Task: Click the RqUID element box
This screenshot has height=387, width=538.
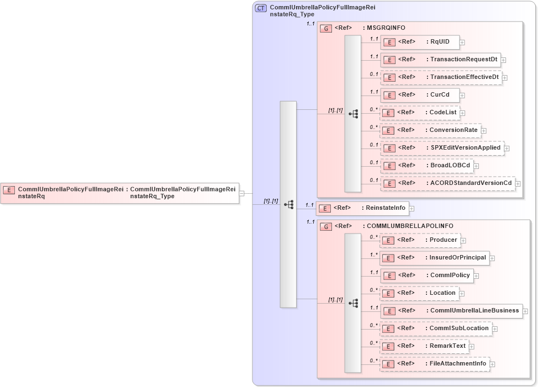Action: click(x=419, y=42)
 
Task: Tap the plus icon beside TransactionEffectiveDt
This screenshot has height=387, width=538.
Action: click(x=505, y=78)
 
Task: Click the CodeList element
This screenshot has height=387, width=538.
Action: click(x=420, y=113)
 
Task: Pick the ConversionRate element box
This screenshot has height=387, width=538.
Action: click(x=430, y=130)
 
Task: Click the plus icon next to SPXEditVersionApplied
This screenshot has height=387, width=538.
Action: click(x=507, y=149)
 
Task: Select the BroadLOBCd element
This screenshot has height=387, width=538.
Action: click(x=426, y=166)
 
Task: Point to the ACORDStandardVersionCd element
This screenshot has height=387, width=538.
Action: click(x=447, y=183)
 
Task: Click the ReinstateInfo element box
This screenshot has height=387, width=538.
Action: click(x=361, y=209)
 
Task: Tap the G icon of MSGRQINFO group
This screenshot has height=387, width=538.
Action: click(x=326, y=28)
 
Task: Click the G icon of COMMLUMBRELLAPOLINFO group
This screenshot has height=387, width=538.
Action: click(x=326, y=226)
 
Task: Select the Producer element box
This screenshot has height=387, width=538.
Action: click(x=420, y=240)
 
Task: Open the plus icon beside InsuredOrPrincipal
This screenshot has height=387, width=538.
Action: click(x=492, y=258)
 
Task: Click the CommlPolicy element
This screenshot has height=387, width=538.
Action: click(x=426, y=275)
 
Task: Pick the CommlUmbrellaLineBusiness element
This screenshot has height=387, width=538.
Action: click(x=451, y=311)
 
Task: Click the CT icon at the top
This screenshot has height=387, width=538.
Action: click(x=261, y=8)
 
